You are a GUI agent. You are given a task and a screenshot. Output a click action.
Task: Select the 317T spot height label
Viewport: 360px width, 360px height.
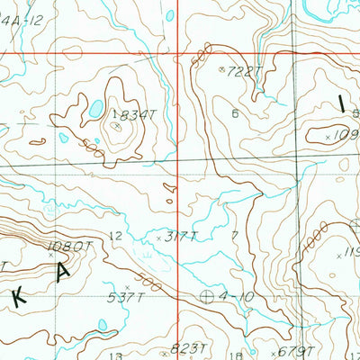[x=178, y=238]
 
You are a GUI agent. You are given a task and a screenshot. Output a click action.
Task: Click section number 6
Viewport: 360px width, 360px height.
[x=235, y=113]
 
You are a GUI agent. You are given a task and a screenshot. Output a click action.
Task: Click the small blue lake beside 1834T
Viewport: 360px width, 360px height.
[x=94, y=111]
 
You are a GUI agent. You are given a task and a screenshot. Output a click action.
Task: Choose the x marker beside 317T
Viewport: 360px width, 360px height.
[x=159, y=238]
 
